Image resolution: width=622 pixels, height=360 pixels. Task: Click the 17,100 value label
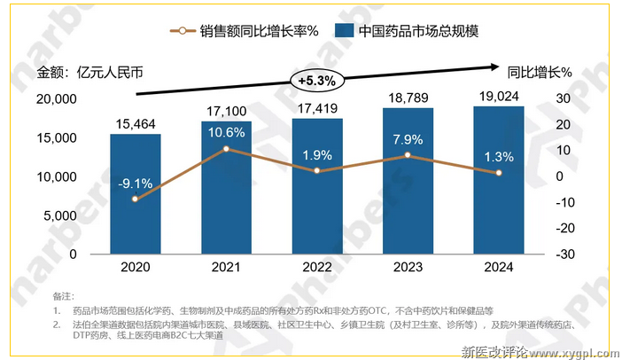(226, 110)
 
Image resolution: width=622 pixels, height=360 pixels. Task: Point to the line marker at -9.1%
(135, 199)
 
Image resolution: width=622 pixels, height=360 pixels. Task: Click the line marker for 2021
(226, 148)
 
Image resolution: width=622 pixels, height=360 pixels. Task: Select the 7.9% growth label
(408, 138)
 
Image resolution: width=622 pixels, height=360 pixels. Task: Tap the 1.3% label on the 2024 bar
(498, 156)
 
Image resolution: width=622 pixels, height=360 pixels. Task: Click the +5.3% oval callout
(316, 80)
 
